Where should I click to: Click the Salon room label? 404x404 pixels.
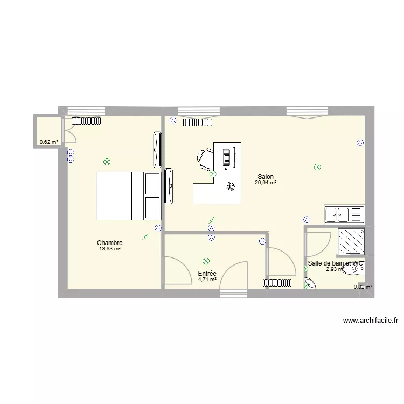tap(266, 177)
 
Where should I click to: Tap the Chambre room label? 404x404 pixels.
tap(110, 243)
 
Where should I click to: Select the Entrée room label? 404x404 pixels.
tap(207, 274)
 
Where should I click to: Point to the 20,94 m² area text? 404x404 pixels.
tap(266, 183)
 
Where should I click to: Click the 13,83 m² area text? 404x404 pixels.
tap(110, 249)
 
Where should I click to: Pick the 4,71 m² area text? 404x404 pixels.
tap(207, 280)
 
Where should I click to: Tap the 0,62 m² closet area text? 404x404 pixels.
tap(48, 142)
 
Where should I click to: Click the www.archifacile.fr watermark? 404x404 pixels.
tap(370, 321)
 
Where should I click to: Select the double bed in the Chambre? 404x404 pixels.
tap(129, 196)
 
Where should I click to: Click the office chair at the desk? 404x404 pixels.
tap(205, 158)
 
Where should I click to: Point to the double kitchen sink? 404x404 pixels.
tap(344, 214)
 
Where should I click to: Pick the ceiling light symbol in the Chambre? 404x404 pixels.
tap(107, 161)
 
